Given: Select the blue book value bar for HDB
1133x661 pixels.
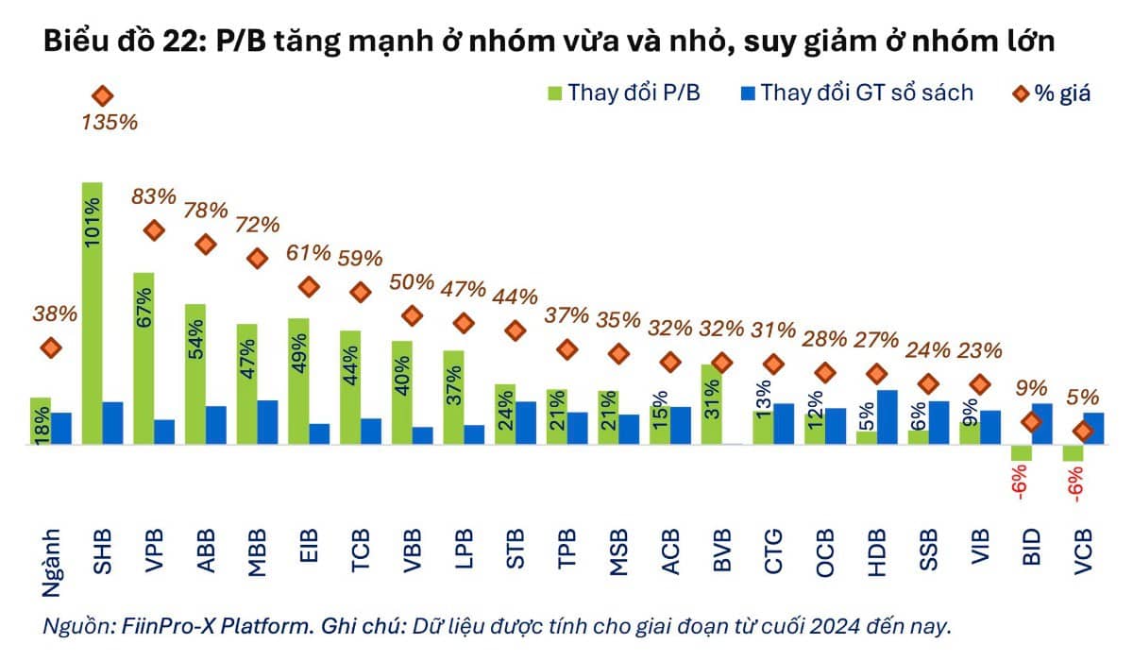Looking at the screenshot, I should pos(887,416).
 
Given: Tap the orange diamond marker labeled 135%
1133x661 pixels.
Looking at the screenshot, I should pos(102,95).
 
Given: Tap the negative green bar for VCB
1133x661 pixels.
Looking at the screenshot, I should pos(1072,452).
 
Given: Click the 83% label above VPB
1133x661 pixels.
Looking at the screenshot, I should pos(154,196).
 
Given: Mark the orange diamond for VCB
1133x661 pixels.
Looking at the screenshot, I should pos(1083,431).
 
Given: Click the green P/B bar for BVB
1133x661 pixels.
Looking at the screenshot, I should pos(711,404).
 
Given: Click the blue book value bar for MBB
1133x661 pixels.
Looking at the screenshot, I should pos(267,421).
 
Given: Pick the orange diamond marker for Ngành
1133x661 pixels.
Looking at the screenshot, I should pos(51,348).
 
